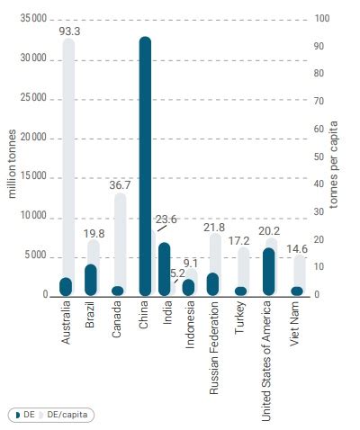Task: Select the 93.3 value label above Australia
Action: [x=70, y=31]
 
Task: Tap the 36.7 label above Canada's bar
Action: [x=120, y=184]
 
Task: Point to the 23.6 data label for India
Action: [x=166, y=219]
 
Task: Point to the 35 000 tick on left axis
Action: [x=32, y=19]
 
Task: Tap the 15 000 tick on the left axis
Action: [x=32, y=177]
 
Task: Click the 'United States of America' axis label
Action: [x=265, y=352]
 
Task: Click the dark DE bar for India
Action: [x=164, y=268]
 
